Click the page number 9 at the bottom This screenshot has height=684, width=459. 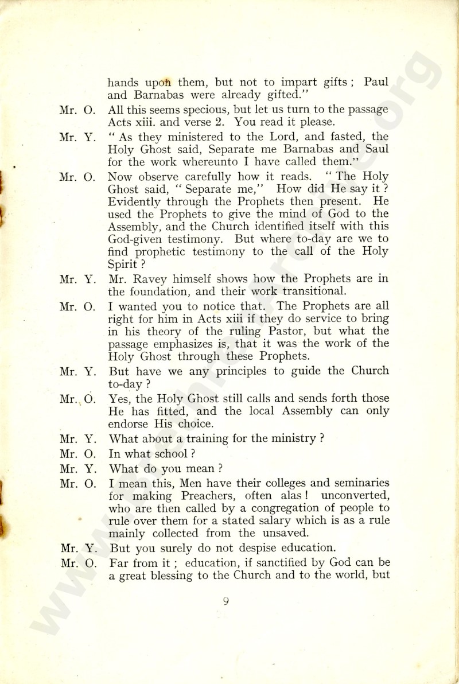227,601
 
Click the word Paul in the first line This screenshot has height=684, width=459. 376,82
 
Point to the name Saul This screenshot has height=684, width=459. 376,149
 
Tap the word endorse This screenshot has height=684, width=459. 129,425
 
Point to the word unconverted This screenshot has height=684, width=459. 357,496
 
